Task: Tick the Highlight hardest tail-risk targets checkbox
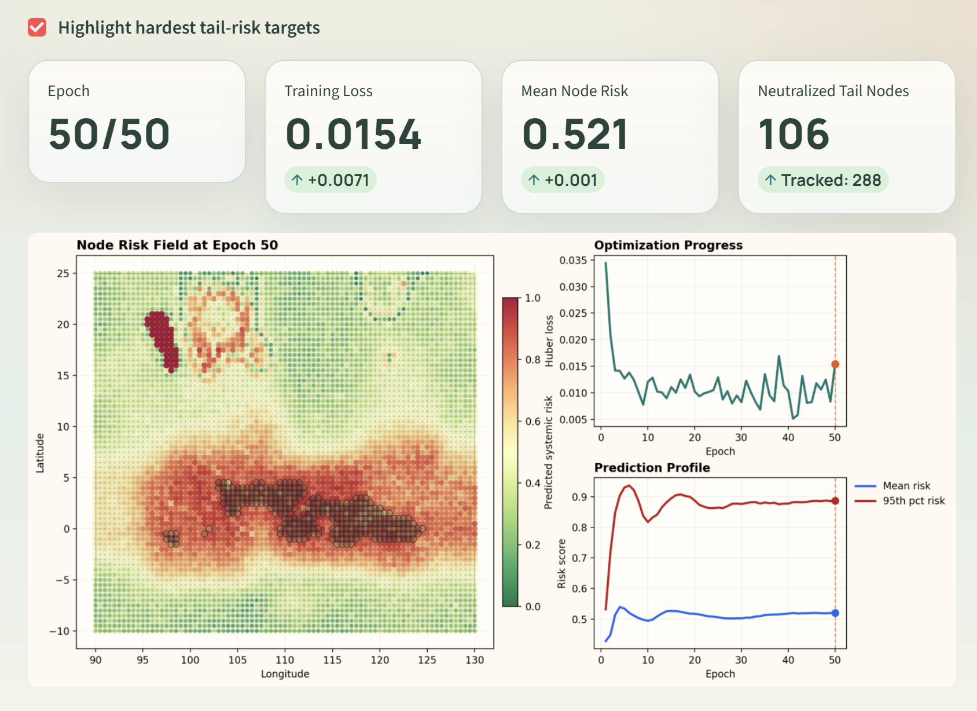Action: click(37, 27)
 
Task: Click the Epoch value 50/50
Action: click(109, 134)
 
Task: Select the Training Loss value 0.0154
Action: click(353, 134)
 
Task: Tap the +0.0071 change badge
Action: click(330, 180)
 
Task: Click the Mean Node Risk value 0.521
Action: click(575, 134)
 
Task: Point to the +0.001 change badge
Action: click(563, 180)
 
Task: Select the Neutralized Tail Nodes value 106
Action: click(794, 134)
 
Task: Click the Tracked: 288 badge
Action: click(822, 180)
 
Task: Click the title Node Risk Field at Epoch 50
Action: click(177, 245)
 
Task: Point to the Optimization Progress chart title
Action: click(668, 245)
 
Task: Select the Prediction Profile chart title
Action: click(652, 467)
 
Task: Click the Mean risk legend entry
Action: click(906, 486)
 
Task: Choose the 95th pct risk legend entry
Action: click(913, 501)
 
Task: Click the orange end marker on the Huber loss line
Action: click(835, 364)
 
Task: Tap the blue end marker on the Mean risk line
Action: click(835, 613)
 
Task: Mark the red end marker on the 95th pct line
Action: click(835, 501)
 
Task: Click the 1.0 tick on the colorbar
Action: click(532, 298)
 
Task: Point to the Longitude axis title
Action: click(285, 674)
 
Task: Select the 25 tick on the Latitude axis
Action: click(63, 273)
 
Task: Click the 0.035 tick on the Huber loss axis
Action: click(573, 261)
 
